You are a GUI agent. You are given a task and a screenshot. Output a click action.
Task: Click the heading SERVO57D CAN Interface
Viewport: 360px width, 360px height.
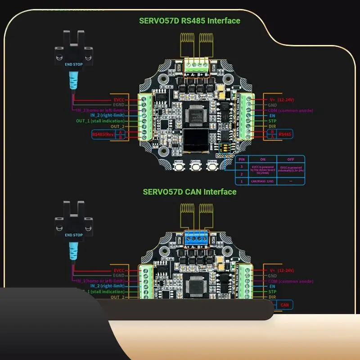pyautogui.click(x=189, y=192)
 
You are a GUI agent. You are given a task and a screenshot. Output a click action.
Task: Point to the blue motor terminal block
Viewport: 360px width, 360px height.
pyautogui.click(x=196, y=238)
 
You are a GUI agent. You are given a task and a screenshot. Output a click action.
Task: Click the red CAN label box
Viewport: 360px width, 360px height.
pyautogui.click(x=284, y=305)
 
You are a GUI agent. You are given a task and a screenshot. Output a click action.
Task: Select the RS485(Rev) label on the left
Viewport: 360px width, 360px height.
pyautogui.click(x=103, y=134)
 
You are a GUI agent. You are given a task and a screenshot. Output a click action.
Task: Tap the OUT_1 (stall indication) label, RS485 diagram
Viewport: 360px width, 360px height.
pyautogui.click(x=101, y=121)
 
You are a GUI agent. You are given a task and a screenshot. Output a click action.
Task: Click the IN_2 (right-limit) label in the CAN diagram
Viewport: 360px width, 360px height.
pyautogui.click(x=107, y=286)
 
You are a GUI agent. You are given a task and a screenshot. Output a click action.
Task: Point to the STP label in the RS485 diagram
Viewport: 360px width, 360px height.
pyautogui.click(x=272, y=121)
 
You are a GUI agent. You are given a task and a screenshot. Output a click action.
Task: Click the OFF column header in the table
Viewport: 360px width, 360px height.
pyautogui.click(x=290, y=159)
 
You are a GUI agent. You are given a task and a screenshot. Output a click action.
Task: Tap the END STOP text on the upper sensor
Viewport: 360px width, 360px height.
pyautogui.click(x=74, y=64)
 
